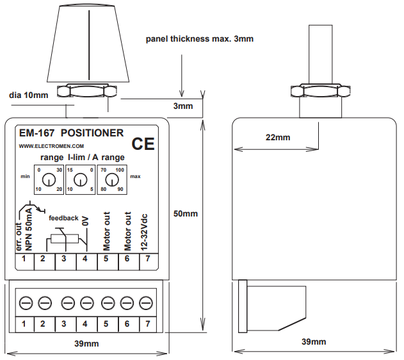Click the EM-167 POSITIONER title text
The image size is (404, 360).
click(x=71, y=133)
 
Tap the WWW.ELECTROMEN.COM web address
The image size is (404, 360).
click(x=43, y=146)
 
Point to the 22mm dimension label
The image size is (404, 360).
click(x=277, y=137)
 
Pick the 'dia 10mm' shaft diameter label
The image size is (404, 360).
click(x=28, y=95)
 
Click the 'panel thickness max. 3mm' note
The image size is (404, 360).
click(x=200, y=39)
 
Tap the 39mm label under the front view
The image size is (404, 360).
click(x=86, y=343)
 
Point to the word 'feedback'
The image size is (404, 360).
click(x=63, y=218)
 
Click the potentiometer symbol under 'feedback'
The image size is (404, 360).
click(x=63, y=240)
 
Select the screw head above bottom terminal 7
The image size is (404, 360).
click(x=147, y=302)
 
